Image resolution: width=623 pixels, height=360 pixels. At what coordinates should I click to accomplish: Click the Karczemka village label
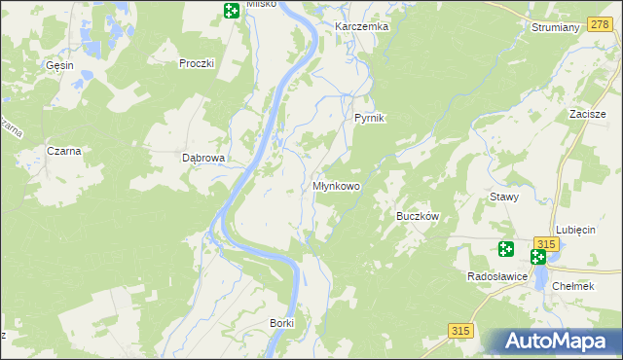pyautogui.click(x=361, y=26)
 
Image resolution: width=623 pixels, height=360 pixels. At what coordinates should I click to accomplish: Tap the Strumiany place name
pyautogui.click(x=556, y=27)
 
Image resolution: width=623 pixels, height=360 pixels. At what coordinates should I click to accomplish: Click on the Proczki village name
pyautogui.click(x=196, y=63)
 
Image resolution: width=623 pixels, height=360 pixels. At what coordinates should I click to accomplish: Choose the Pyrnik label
pyautogui.click(x=370, y=118)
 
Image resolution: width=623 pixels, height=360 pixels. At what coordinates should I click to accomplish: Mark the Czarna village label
pyautogui.click(x=63, y=151)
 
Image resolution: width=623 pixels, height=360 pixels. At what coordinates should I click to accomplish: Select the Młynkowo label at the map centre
pyautogui.click(x=336, y=186)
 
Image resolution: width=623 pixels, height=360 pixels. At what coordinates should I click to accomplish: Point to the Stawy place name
pyautogui.click(x=504, y=196)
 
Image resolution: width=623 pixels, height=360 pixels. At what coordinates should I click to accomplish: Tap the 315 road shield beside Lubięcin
pyautogui.click(x=547, y=243)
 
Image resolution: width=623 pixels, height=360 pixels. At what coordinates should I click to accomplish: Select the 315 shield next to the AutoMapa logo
pyautogui.click(x=462, y=331)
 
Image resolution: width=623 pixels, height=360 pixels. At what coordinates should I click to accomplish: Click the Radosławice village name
pyautogui.click(x=497, y=277)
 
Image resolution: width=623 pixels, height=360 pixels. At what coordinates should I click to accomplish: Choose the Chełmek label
pyautogui.click(x=572, y=286)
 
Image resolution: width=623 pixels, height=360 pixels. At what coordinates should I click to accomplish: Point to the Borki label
pyautogui.click(x=281, y=322)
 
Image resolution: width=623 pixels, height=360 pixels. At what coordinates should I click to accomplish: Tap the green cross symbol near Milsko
pyautogui.click(x=231, y=12)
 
